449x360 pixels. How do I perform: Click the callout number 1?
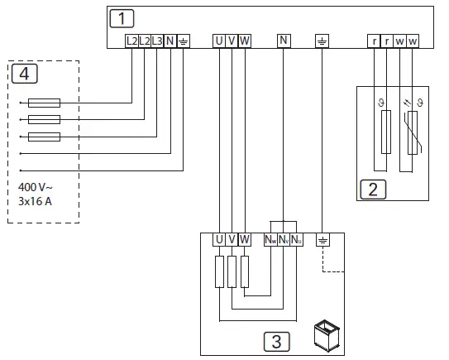pos(122,17)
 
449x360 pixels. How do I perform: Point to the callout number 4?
pos(24,74)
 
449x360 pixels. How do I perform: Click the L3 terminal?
pos(157,41)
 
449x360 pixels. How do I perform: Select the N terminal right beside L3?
pos(170,41)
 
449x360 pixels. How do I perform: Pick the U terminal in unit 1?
pos(219,41)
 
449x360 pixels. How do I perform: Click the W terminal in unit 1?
pos(245,41)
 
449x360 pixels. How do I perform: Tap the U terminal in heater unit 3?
pos(219,240)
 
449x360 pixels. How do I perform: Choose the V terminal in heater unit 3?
pos(232,240)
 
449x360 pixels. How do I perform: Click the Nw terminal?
pos(270,240)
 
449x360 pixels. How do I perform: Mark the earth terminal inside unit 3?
pos(322,240)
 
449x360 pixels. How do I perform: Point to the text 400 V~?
pos(35,188)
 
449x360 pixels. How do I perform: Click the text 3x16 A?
pos(36,201)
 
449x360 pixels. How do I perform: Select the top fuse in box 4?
pos(43,103)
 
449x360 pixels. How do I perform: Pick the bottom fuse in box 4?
pos(43,137)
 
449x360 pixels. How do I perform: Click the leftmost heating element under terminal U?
pos(219,271)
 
